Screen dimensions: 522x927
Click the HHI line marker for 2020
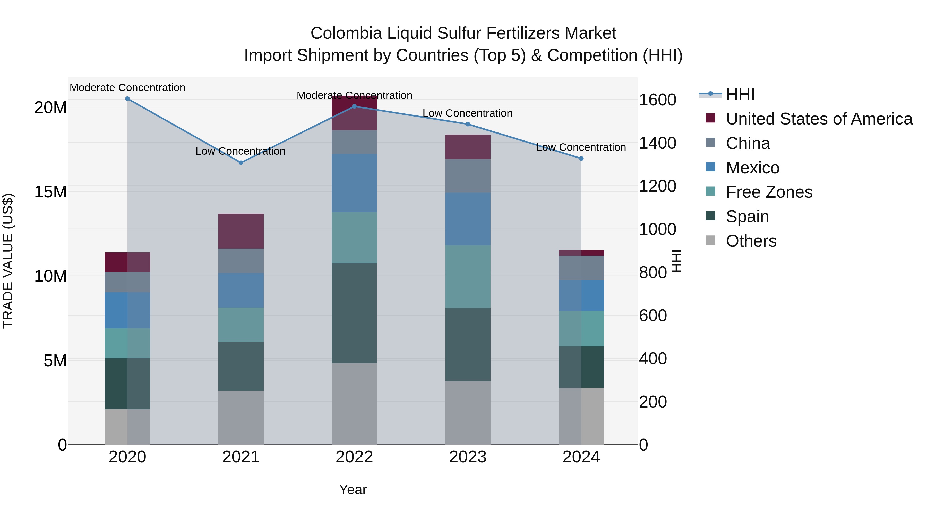[127, 99]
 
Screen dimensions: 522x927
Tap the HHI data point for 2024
[581, 159]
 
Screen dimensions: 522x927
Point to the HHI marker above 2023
[468, 124]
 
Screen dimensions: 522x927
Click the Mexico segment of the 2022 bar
[354, 183]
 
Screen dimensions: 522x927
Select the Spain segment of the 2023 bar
[468, 344]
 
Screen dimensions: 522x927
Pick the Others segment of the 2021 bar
[241, 418]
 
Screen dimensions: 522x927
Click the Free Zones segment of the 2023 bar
[468, 277]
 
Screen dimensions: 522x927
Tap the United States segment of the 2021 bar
[241, 231]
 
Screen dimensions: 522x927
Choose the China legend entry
[748, 143]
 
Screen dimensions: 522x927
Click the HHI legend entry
[740, 94]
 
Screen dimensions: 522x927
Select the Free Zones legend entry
[769, 192]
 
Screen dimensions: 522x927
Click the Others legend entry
[751, 241]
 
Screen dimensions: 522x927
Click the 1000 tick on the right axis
[657, 229]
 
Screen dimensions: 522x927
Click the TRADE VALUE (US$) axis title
[8, 261]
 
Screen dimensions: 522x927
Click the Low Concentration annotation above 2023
[467, 113]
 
